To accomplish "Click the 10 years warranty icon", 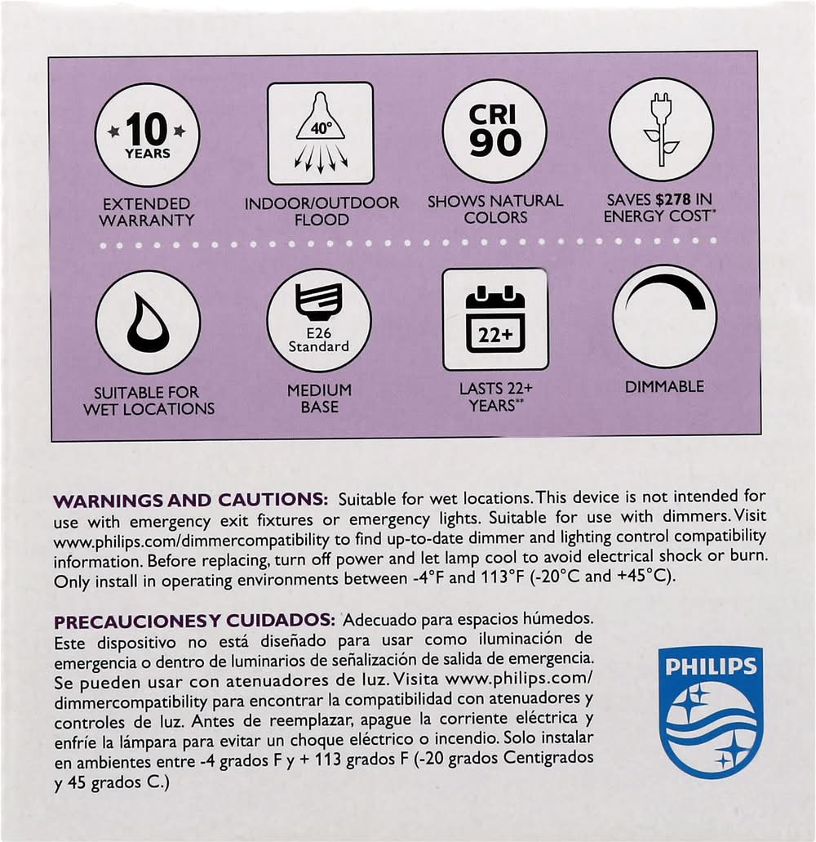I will pyautogui.click(x=148, y=135).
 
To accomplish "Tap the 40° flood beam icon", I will pyautogui.click(x=321, y=133).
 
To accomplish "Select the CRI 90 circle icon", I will pyautogui.click(x=494, y=131).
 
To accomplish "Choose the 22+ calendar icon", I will pyautogui.click(x=495, y=319).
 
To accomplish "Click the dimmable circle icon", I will pyautogui.click(x=664, y=316).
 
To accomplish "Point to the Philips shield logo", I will pyautogui.click(x=711, y=711).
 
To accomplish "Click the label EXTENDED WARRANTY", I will pyautogui.click(x=147, y=212).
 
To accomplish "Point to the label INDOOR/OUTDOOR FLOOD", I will pyautogui.click(x=322, y=211).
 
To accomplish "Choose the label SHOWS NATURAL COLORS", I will pyautogui.click(x=495, y=208).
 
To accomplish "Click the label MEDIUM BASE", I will pyautogui.click(x=319, y=399).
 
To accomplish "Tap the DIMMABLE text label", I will pyautogui.click(x=664, y=387).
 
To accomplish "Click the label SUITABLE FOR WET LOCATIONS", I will pyautogui.click(x=149, y=401).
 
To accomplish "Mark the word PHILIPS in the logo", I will pyautogui.click(x=711, y=666).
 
